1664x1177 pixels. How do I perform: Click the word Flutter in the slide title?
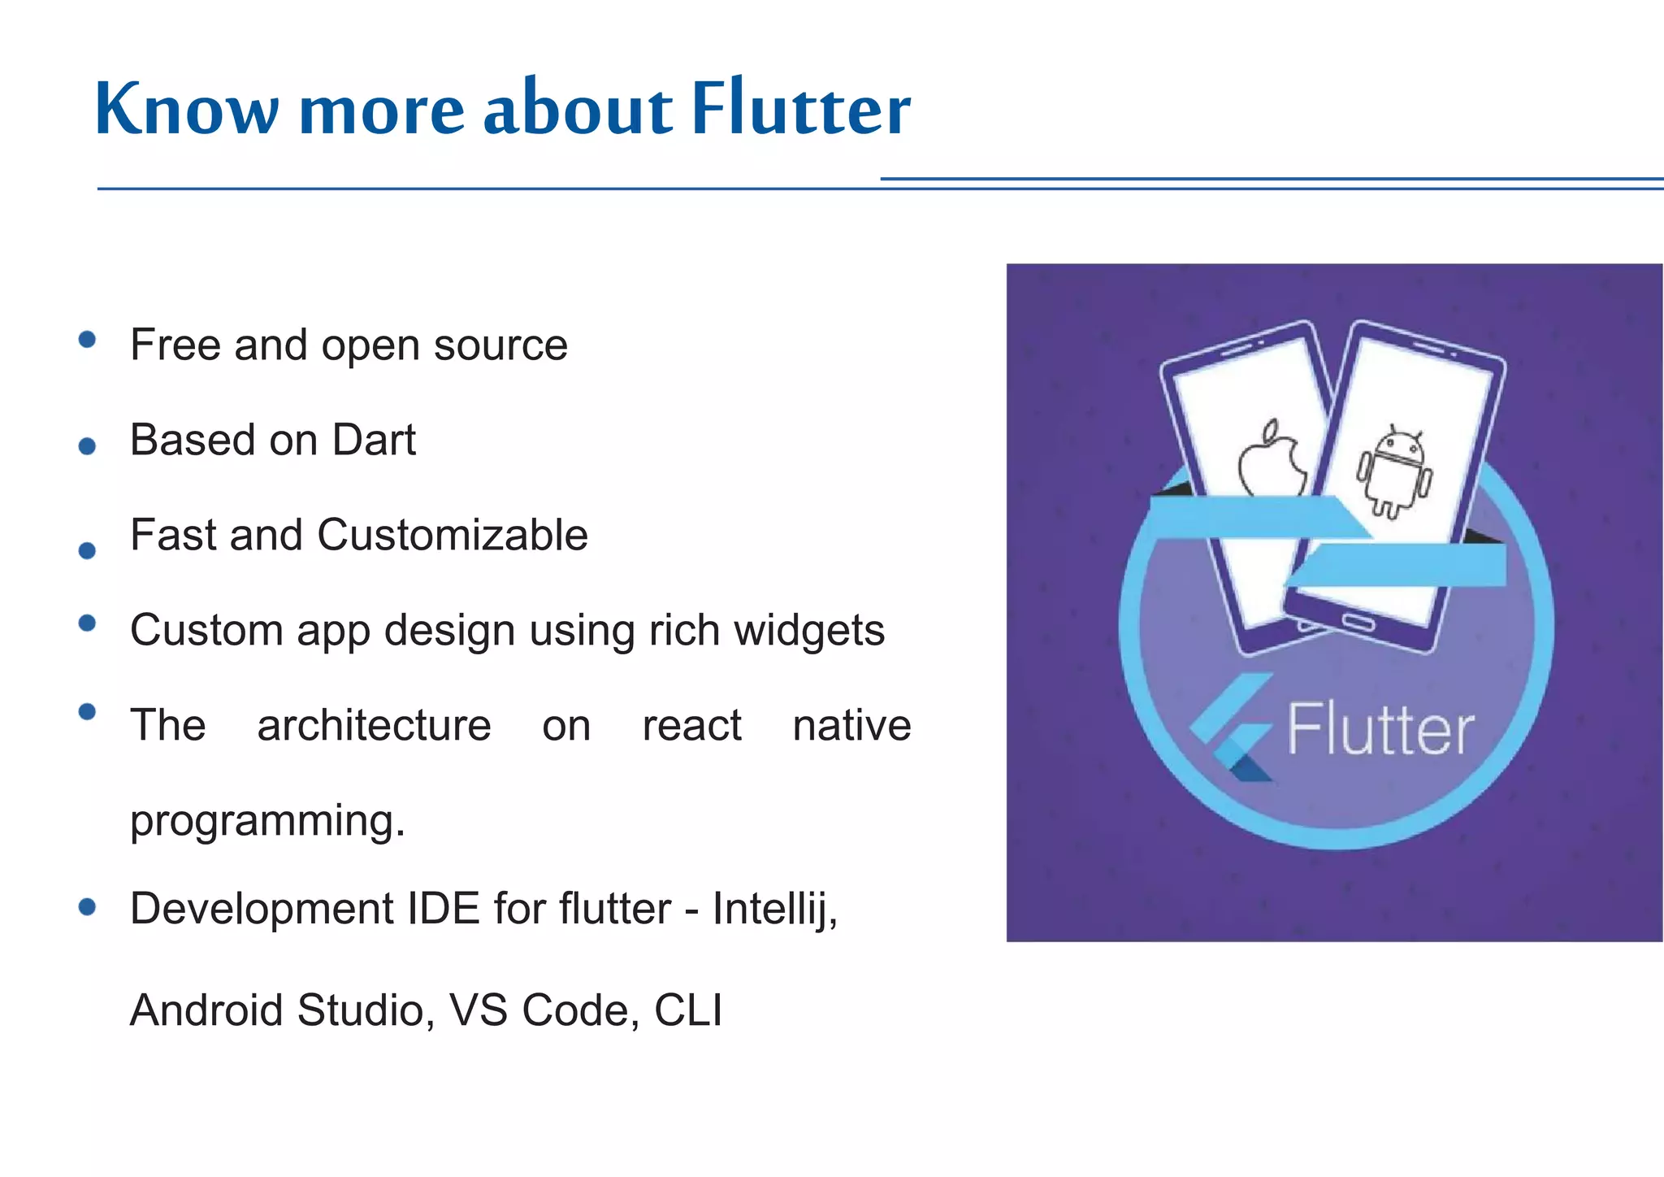pos(800,109)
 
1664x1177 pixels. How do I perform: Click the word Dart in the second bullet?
pos(374,440)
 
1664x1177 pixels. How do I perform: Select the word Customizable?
pos(453,535)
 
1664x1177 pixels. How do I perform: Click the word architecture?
pos(374,725)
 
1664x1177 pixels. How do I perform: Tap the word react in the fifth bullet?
pos(691,725)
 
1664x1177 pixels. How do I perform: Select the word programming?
pos(267,820)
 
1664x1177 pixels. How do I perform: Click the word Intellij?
pos(775,908)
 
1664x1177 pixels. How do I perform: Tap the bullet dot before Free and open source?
pos(88,340)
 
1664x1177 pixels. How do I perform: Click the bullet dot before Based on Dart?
pos(88,445)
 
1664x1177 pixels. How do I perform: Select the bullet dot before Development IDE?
pos(88,907)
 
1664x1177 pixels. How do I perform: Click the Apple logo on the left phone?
pos(1270,459)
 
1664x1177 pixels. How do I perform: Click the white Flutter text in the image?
pos(1380,729)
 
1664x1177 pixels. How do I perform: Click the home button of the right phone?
pos(1358,623)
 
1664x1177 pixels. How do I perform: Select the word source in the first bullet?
pos(500,345)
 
